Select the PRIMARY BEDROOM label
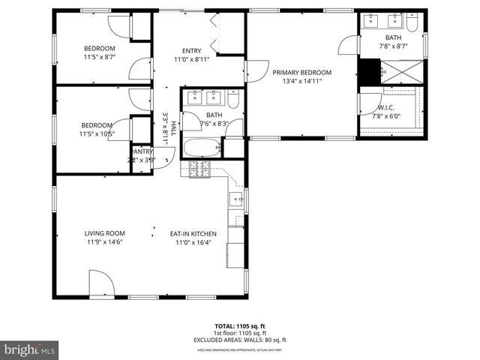301,73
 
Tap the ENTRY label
191,51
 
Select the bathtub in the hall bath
202,147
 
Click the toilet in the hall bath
234,99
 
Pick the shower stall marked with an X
402,73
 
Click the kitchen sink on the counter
235,199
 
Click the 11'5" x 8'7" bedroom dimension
98,56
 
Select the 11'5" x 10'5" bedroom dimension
98,134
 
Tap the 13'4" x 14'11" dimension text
301,82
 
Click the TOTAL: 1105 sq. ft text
239,326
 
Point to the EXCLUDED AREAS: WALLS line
239,339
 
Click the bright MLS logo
30,349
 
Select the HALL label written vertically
172,128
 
